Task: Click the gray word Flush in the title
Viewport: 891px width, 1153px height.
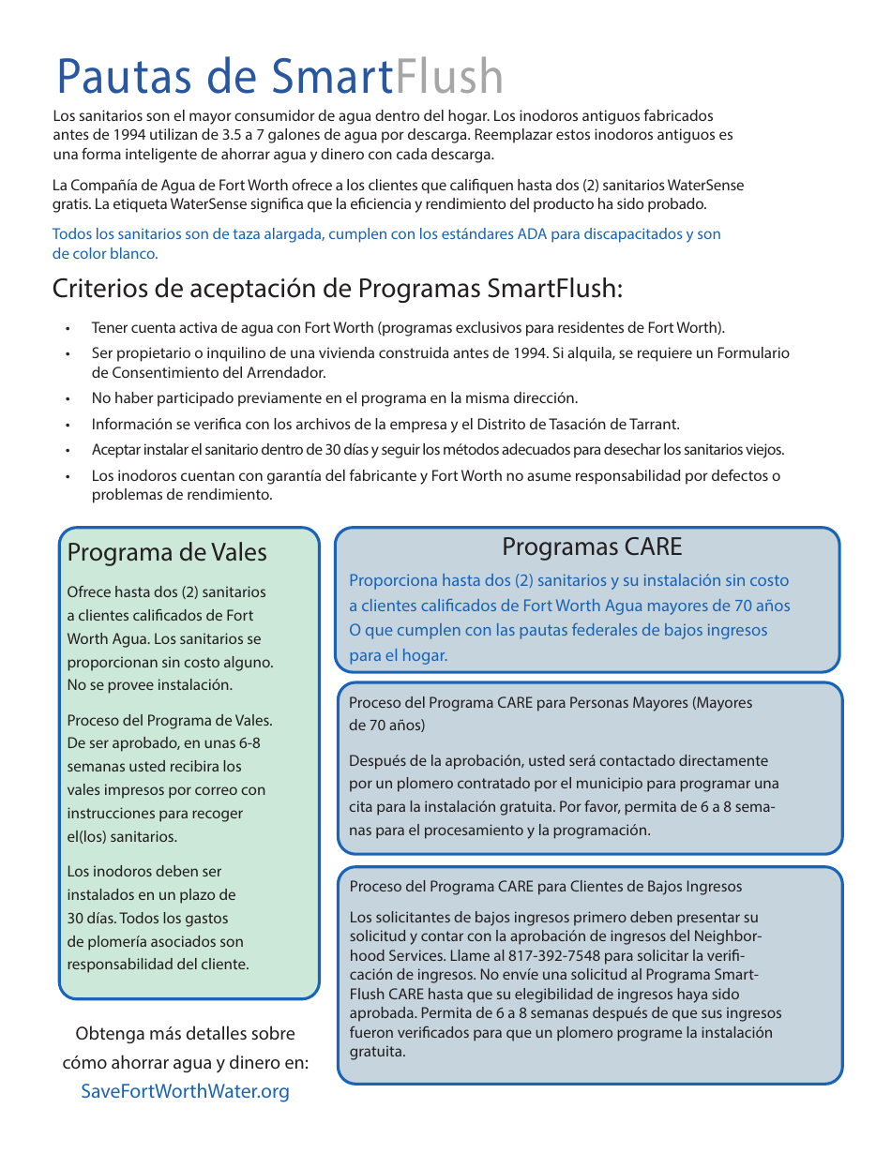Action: pyautogui.click(x=449, y=78)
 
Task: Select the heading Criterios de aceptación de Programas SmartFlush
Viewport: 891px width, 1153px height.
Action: pyautogui.click(x=338, y=288)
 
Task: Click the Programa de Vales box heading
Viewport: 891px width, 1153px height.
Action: pyautogui.click(x=167, y=552)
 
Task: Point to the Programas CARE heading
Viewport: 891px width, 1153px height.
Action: pyautogui.click(x=592, y=547)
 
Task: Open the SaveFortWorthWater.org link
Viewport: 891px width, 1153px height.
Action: pyautogui.click(x=185, y=1091)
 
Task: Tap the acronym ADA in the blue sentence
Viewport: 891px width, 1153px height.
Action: pyautogui.click(x=532, y=234)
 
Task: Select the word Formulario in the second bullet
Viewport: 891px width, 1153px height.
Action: pyautogui.click(x=753, y=353)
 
